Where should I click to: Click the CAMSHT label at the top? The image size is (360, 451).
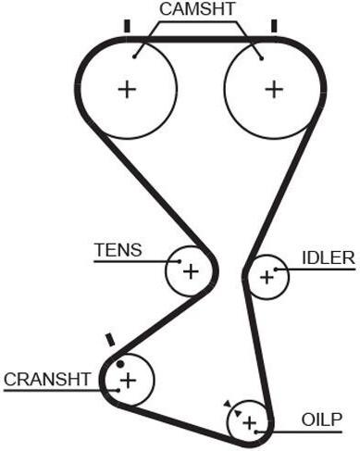click(197, 9)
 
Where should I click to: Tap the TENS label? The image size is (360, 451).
click(118, 250)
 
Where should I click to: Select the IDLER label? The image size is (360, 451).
click(329, 257)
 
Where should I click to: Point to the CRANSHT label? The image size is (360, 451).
click(47, 379)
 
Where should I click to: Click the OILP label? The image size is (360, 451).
click(322, 420)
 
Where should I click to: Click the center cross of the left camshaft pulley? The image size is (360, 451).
click(127, 90)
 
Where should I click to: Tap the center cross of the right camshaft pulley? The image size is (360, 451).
click(274, 90)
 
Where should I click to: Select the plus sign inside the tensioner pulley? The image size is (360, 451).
click(191, 271)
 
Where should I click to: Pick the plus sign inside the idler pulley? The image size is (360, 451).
click(267, 277)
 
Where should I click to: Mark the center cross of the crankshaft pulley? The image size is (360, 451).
click(128, 381)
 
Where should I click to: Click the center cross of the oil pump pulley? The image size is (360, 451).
click(249, 422)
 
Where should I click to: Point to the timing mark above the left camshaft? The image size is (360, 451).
click(127, 26)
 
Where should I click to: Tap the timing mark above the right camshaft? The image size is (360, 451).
click(274, 26)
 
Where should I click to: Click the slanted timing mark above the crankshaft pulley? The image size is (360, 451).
click(110, 340)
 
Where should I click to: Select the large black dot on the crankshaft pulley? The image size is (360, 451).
click(120, 364)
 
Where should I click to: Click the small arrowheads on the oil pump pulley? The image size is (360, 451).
click(232, 408)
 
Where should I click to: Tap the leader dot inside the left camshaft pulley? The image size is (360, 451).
click(134, 56)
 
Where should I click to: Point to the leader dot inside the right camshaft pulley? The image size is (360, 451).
click(262, 58)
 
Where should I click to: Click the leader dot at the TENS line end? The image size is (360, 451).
click(180, 261)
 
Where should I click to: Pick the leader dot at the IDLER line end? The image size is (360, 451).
click(276, 269)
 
